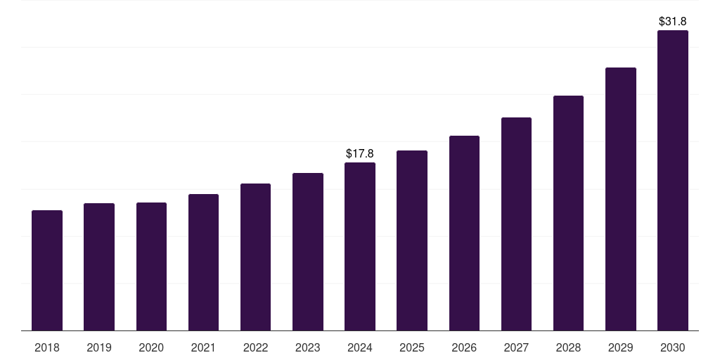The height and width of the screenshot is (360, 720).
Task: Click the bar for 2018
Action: [47, 271]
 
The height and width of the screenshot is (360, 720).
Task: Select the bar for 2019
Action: [99, 267]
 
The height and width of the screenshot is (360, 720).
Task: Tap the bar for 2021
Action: [203, 262]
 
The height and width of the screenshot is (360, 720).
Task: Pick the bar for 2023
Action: [308, 252]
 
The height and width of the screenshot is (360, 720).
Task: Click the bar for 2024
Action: [360, 247]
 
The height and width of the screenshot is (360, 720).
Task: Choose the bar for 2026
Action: [464, 233]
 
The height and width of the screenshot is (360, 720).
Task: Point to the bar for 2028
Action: [568, 213]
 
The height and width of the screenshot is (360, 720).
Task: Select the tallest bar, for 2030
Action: [673, 181]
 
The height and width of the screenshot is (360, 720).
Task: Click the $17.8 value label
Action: [360, 153]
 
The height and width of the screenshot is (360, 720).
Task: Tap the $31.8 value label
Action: [673, 21]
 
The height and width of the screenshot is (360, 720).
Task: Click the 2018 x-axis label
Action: [47, 347]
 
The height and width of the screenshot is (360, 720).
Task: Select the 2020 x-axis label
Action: [151, 347]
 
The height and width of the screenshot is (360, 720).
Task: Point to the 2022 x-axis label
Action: [255, 347]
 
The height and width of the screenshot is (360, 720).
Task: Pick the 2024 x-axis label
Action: [360, 347]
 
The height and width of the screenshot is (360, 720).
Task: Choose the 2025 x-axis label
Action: [412, 347]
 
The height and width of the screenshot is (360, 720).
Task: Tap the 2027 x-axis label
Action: [516, 347]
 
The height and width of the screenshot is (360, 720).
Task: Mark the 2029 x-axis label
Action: [620, 347]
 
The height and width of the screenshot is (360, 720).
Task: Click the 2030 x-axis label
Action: [673, 347]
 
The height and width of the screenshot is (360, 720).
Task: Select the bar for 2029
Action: [620, 199]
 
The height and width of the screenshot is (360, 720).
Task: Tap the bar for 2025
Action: [412, 240]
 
